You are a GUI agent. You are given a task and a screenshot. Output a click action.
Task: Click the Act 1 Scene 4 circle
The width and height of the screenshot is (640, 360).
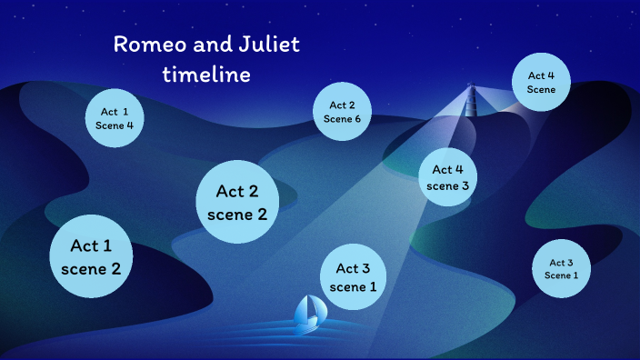point(115,118)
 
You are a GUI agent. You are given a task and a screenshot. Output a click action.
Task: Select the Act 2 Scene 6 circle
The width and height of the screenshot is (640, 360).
point(343,112)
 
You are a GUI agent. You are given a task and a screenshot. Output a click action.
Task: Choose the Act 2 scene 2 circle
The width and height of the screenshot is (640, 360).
point(236,203)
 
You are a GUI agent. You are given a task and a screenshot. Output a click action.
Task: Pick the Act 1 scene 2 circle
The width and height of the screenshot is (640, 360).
point(91,256)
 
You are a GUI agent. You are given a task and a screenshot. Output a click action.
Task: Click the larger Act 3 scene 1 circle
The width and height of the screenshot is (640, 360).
point(354,277)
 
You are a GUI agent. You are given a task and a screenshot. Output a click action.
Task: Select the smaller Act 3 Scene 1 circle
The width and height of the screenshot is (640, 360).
point(561,269)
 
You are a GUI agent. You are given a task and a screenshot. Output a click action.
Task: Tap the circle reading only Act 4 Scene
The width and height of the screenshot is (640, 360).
point(541,83)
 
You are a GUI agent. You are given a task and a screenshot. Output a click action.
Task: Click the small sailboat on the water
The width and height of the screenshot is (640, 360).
point(310,314)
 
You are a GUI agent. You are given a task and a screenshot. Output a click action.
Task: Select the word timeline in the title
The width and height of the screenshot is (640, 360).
point(206,75)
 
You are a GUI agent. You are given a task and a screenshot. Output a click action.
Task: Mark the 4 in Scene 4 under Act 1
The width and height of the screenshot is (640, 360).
point(130,125)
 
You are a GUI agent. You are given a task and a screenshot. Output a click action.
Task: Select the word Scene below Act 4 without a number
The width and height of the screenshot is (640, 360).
point(541,90)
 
